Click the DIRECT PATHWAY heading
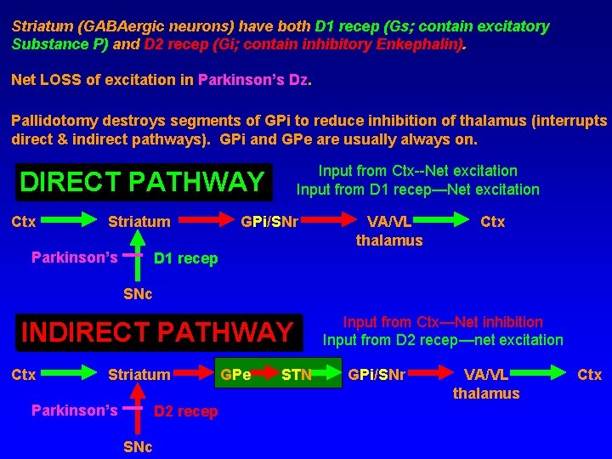[x=142, y=182]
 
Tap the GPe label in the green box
[x=235, y=375]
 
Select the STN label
[x=297, y=375]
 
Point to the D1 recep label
[x=185, y=258]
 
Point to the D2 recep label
[x=185, y=411]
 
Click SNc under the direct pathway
[x=139, y=293]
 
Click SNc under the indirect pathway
[x=139, y=446]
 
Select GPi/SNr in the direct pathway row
[x=269, y=222]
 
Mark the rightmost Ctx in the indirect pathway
[x=589, y=375]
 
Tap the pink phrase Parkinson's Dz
[x=254, y=80]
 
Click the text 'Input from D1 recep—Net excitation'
[x=417, y=190]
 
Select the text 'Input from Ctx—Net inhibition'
[x=442, y=322]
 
